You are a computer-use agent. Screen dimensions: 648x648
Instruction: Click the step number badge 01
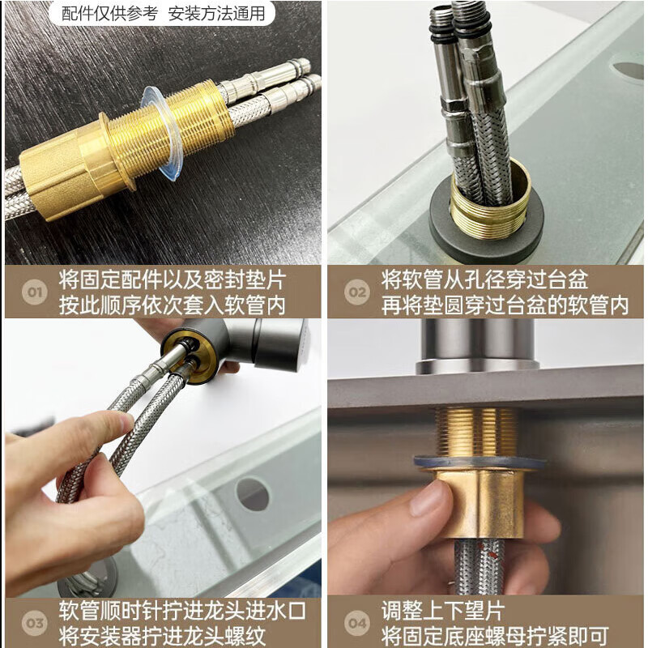click(35, 292)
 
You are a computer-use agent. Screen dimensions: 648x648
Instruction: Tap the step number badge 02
click(357, 292)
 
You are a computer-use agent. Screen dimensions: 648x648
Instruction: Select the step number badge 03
click(35, 623)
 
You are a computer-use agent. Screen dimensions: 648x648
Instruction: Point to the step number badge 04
click(357, 623)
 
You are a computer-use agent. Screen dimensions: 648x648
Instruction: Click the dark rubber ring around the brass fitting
click(485, 228)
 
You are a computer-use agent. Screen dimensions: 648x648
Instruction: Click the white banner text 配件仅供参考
click(109, 13)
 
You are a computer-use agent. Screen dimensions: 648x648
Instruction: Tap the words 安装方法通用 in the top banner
click(216, 13)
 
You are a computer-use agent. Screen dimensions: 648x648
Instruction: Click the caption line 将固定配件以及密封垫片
click(173, 279)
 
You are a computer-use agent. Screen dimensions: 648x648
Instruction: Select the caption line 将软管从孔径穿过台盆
click(484, 279)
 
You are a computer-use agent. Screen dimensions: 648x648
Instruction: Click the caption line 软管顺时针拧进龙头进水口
click(182, 611)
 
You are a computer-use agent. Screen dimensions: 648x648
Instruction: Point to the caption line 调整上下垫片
click(443, 611)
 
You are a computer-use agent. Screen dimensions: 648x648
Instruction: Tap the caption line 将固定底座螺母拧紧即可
click(495, 636)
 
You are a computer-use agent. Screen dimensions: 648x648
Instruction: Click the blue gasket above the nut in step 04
click(480, 463)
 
